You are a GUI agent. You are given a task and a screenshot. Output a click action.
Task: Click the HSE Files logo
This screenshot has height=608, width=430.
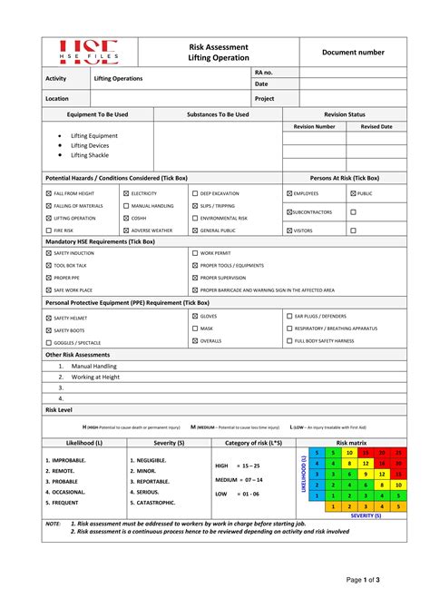(x=89, y=52)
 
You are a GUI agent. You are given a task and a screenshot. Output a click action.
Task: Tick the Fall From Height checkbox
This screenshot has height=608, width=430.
(x=48, y=193)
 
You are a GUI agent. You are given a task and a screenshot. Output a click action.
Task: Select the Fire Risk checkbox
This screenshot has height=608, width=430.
(x=48, y=230)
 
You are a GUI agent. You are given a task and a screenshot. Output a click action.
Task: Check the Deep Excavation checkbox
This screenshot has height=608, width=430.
(x=195, y=193)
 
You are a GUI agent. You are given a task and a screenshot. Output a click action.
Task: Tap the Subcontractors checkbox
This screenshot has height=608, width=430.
(x=289, y=211)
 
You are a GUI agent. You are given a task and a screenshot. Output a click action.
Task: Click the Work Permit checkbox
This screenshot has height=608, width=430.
(x=195, y=253)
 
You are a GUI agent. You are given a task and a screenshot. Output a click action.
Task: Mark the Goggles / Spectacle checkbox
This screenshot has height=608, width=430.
(x=48, y=343)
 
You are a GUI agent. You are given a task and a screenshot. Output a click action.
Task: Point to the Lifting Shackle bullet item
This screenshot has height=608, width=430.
(x=90, y=155)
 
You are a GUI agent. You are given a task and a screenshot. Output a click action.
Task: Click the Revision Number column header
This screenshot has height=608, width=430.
(x=313, y=127)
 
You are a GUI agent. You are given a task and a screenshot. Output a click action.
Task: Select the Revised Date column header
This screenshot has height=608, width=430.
(x=376, y=127)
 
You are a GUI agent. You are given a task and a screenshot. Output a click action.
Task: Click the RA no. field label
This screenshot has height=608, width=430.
(x=264, y=71)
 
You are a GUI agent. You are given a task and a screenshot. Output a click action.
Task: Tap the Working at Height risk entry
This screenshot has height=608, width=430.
(x=95, y=377)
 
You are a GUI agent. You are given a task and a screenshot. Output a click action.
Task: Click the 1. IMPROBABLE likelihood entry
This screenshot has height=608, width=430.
(x=65, y=460)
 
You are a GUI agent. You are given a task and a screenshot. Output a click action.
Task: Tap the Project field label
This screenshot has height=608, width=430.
(x=264, y=98)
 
